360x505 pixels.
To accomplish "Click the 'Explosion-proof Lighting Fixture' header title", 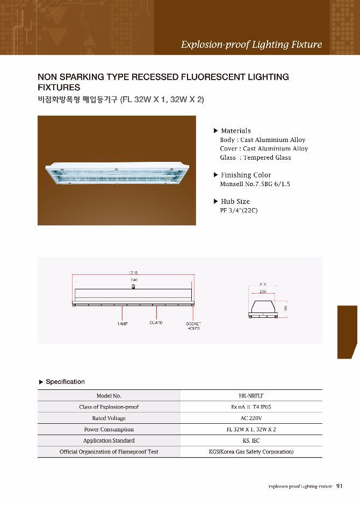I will pyautogui.click(x=251, y=45).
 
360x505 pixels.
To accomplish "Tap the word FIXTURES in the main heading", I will pyautogui.click(x=59, y=88).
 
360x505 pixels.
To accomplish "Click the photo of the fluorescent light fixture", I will pyautogui.click(x=117, y=170).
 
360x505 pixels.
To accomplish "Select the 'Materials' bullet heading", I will pyautogui.click(x=235, y=131).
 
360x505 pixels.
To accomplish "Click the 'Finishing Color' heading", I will pyautogui.click(x=246, y=175).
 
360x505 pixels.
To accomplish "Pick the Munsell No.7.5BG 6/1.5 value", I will pyautogui.click(x=255, y=184).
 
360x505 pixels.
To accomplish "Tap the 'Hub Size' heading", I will pyautogui.click(x=235, y=201).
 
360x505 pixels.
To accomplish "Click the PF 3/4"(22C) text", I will pyautogui.click(x=239, y=210).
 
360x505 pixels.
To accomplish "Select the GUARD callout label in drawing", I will pyautogui.click(x=156, y=323).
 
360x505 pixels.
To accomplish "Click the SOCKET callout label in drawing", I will pyautogui.click(x=193, y=324).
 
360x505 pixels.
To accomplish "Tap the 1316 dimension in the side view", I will pyautogui.click(x=134, y=272).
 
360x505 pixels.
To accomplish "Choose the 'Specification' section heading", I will pyautogui.click(x=65, y=382).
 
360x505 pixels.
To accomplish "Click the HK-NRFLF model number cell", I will pyautogui.click(x=251, y=396).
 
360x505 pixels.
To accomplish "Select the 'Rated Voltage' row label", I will pyautogui.click(x=109, y=418).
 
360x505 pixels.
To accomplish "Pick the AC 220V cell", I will pyautogui.click(x=251, y=418).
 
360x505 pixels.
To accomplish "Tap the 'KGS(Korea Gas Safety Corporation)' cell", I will pyautogui.click(x=251, y=452).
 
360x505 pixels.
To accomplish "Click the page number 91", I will pyautogui.click(x=340, y=486).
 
